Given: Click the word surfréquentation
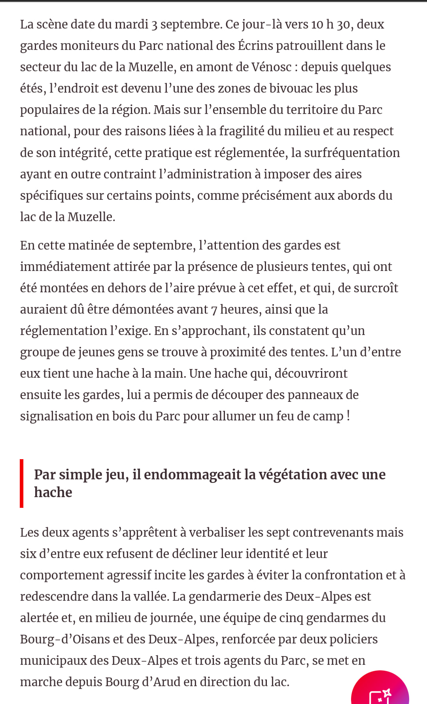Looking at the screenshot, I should (x=346, y=153).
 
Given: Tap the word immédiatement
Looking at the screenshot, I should (x=65, y=267).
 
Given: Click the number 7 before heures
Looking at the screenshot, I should (x=214, y=310).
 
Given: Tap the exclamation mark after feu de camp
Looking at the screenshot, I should (x=348, y=416).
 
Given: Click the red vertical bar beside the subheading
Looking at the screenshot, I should (x=22, y=483).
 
